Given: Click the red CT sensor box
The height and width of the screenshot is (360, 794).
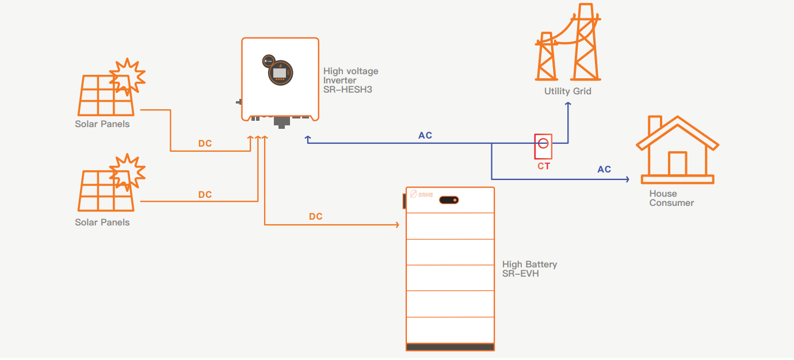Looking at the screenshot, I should pyautogui.click(x=543, y=147).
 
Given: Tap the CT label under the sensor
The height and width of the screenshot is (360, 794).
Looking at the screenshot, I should pyautogui.click(x=543, y=166).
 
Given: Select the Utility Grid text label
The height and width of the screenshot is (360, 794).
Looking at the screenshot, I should pyautogui.click(x=567, y=91).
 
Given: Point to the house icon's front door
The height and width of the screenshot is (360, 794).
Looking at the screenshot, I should pyautogui.click(x=677, y=164).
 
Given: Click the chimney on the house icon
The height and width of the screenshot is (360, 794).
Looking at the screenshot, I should pyautogui.click(x=654, y=125).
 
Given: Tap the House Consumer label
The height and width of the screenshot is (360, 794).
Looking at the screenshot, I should pyautogui.click(x=671, y=198).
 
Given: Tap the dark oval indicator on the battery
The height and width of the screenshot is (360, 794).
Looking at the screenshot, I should pyautogui.click(x=449, y=200).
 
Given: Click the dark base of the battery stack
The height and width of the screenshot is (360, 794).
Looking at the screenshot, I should pyautogui.click(x=450, y=347).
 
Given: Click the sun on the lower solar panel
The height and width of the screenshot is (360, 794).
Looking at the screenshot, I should pyautogui.click(x=127, y=171).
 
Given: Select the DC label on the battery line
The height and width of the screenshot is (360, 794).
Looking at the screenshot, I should pyautogui.click(x=315, y=217).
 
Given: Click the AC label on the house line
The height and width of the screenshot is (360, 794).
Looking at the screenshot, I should pyautogui.click(x=604, y=170).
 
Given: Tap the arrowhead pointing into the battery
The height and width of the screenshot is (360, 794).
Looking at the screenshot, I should pyautogui.click(x=396, y=225).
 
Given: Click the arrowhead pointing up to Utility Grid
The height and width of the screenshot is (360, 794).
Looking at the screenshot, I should pyautogui.click(x=567, y=105).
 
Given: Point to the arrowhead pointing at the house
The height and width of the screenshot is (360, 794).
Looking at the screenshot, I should pyautogui.click(x=627, y=179).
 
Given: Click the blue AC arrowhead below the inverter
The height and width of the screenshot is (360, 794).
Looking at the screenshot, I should pyautogui.click(x=307, y=139).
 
